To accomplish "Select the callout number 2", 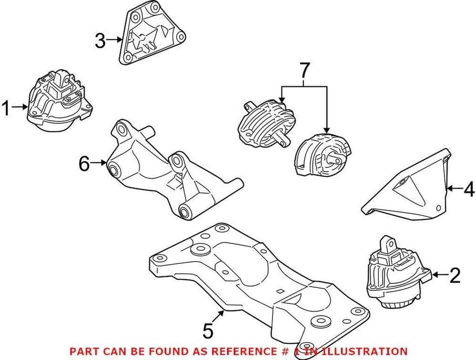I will pos(454,276).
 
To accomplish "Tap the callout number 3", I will pos(100,41).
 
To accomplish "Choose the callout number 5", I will pos(208,331).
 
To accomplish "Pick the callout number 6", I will pos(84,164).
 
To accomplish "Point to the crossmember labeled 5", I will pos(260,283).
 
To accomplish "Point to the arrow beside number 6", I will pos(99,163).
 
